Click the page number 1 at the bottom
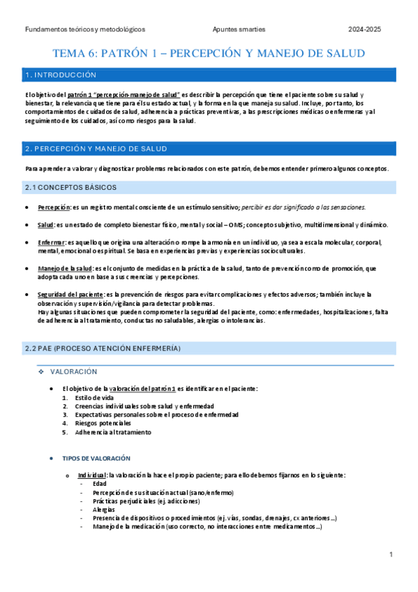pos(391,554)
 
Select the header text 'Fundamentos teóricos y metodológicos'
pos(84,30)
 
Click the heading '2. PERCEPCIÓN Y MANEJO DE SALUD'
pos(96,149)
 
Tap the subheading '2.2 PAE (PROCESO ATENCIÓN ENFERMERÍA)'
pos(102,348)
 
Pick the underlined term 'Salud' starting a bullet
pos(45,225)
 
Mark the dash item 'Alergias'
pos(104,510)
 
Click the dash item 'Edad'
pos(99,484)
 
